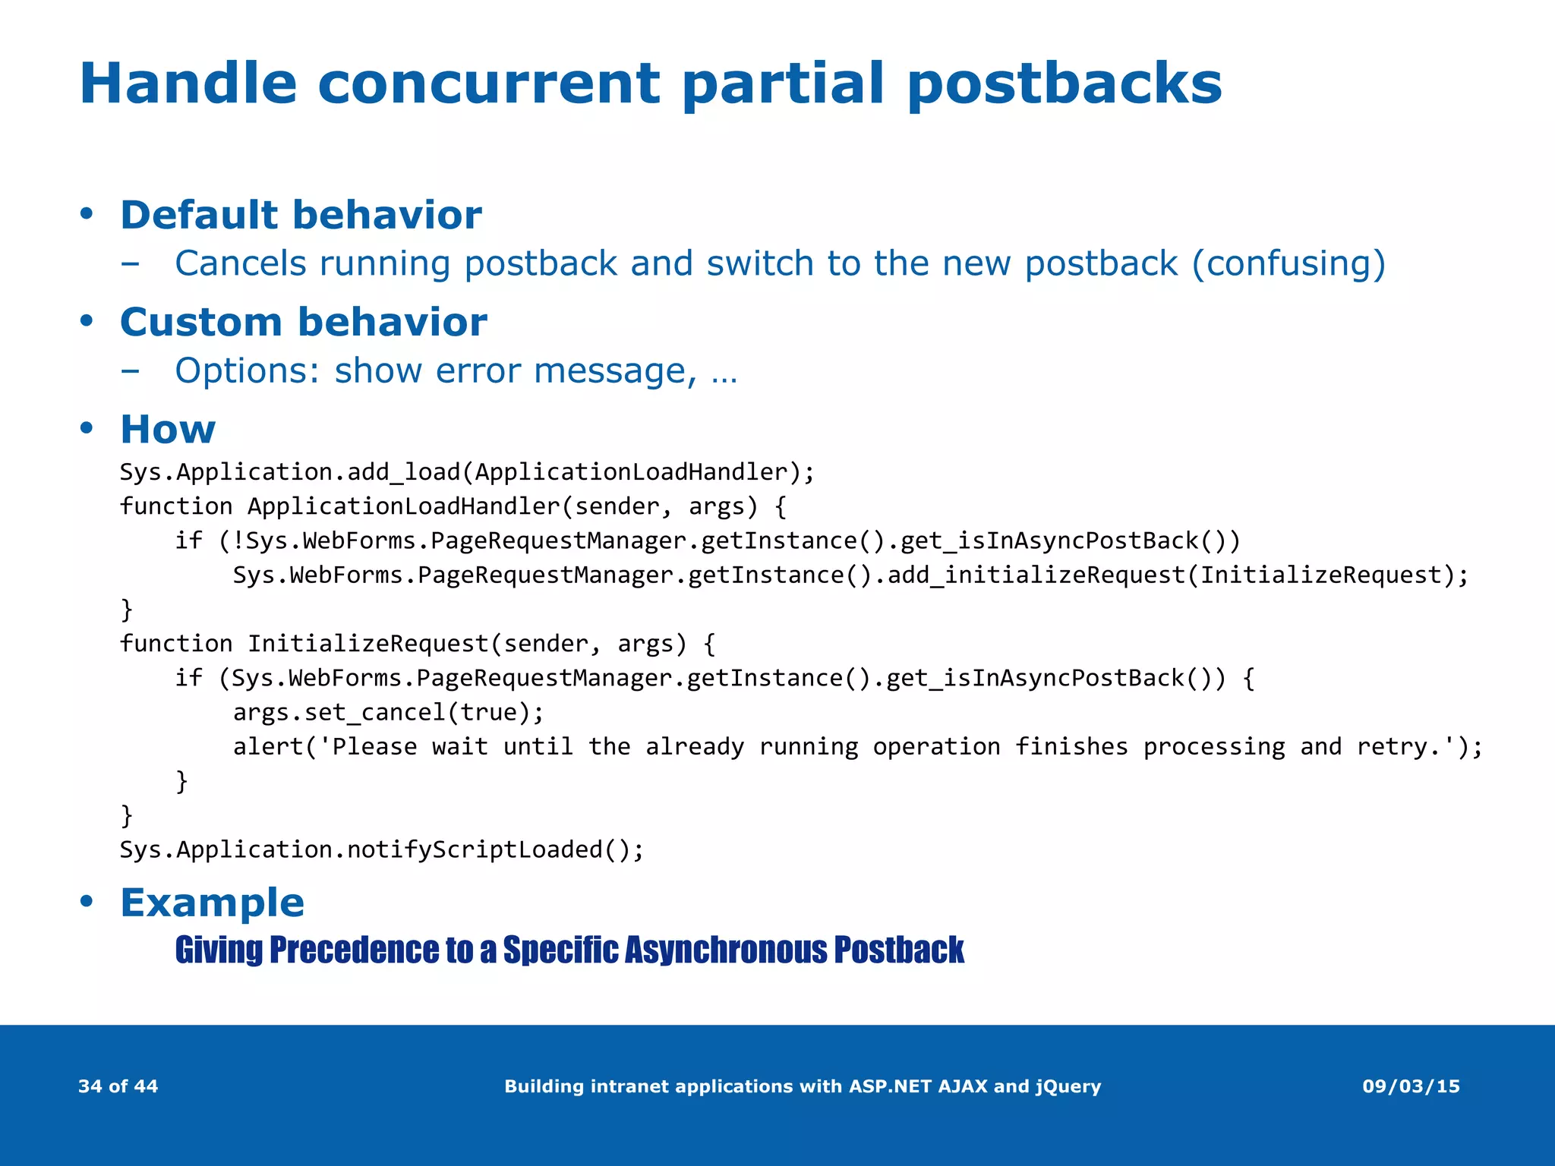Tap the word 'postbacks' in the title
1065,84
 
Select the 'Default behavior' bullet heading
301,215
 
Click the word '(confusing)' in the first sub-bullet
1288,264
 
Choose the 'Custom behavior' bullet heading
303,322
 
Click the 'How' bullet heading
168,429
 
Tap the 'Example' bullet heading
212,903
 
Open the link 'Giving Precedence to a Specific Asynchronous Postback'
569,950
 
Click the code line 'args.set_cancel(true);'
388,712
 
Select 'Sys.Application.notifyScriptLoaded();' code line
381,849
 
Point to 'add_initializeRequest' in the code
1036,575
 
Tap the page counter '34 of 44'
118,1086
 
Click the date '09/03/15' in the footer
1411,1086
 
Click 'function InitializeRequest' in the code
304,644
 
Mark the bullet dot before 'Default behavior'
87,213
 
